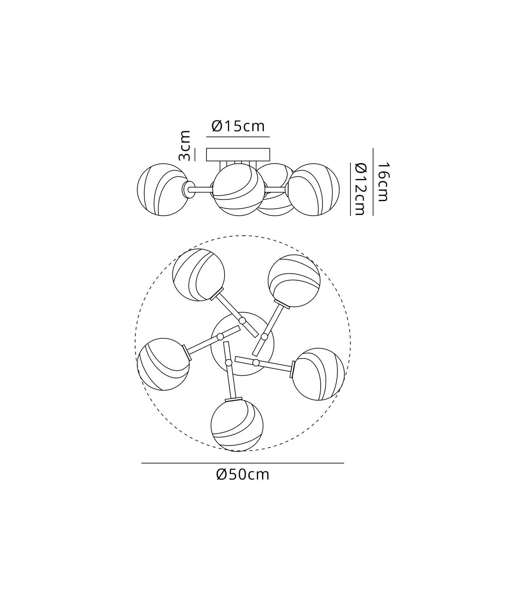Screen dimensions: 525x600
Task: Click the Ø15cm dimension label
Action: pyautogui.click(x=238, y=126)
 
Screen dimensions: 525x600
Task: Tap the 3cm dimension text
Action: pyautogui.click(x=185, y=146)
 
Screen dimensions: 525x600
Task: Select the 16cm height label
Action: pyautogui.click(x=383, y=181)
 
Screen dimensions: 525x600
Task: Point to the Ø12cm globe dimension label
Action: pyautogui.click(x=360, y=189)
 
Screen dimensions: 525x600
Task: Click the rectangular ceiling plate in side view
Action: pyautogui.click(x=238, y=154)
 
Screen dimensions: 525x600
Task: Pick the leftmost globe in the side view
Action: pyautogui.click(x=163, y=190)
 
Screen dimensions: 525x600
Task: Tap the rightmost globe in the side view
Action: pyautogui.click(x=313, y=190)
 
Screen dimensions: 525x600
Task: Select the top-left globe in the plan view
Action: pyautogui.click(x=199, y=275)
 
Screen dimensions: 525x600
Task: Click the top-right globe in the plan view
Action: pyautogui.click(x=294, y=281)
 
